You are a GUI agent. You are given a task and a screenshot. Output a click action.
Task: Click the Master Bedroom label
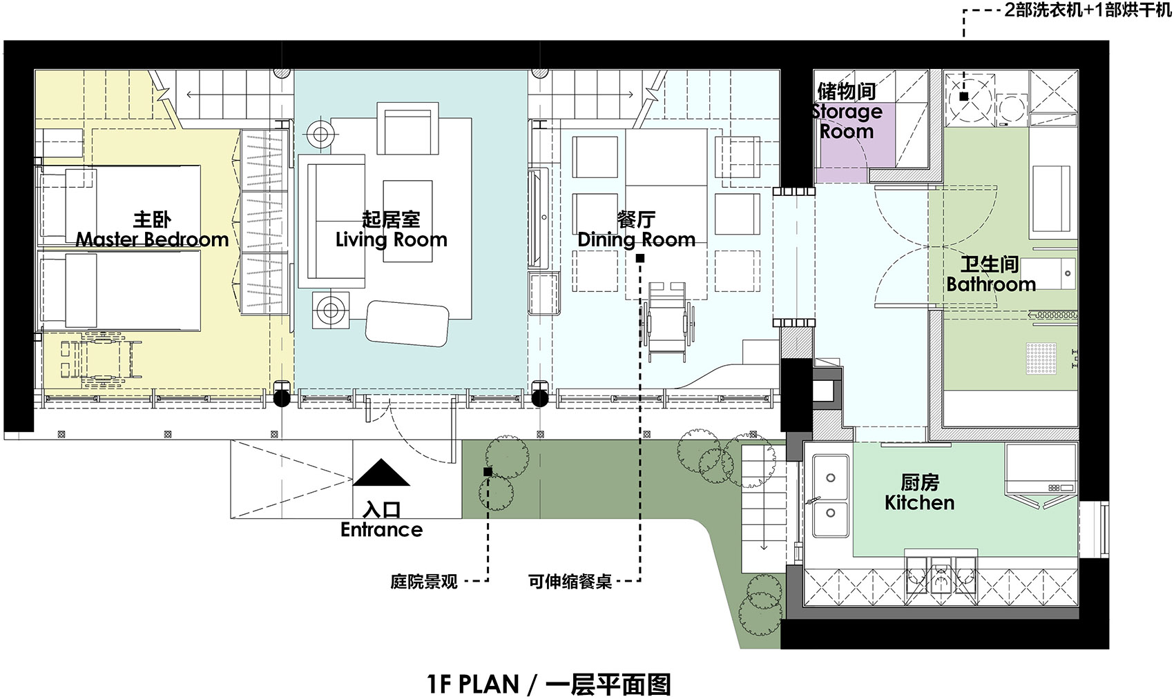(x=152, y=239)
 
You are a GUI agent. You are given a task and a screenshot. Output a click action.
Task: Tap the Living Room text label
(x=391, y=239)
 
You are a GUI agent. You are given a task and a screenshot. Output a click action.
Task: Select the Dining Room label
(x=636, y=239)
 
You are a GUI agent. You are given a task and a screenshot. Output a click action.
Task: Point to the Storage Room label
(x=847, y=121)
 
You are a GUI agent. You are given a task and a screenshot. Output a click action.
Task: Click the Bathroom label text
(x=990, y=284)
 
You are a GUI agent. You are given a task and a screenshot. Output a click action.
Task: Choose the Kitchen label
(x=919, y=502)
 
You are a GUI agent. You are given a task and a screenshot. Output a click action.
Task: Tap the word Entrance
(x=381, y=529)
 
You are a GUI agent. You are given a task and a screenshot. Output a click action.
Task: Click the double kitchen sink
(x=831, y=495)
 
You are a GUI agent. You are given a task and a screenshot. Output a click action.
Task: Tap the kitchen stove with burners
(x=1041, y=469)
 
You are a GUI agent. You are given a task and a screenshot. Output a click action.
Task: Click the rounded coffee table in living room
(x=407, y=323)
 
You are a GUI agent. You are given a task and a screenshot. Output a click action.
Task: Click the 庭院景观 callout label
(x=423, y=581)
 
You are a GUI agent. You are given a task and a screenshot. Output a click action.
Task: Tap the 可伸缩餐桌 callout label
(x=570, y=581)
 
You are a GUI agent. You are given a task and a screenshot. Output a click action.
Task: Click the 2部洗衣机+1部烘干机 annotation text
(x=1088, y=12)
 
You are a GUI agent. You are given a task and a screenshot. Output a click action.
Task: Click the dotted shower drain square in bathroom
(x=1041, y=357)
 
